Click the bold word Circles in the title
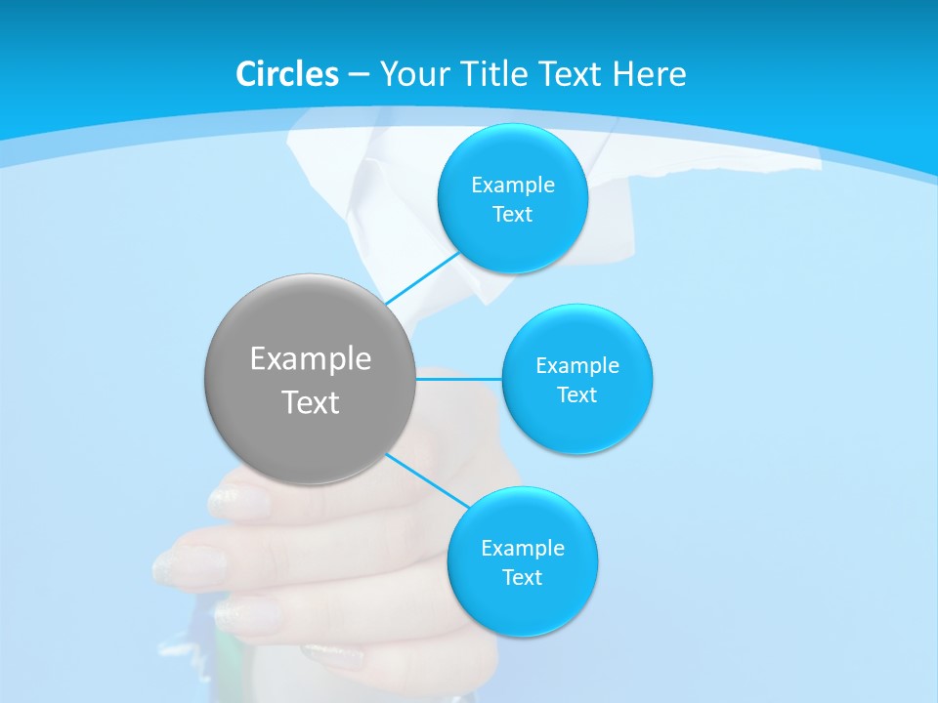point(287,74)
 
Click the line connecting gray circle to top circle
point(422,278)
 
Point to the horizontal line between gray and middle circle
point(459,379)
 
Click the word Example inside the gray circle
point(311,359)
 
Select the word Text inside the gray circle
point(311,402)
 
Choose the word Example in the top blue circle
point(513,185)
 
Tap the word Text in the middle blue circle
point(576,395)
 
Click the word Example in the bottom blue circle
point(523,548)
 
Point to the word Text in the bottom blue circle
point(523,578)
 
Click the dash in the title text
point(358,74)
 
